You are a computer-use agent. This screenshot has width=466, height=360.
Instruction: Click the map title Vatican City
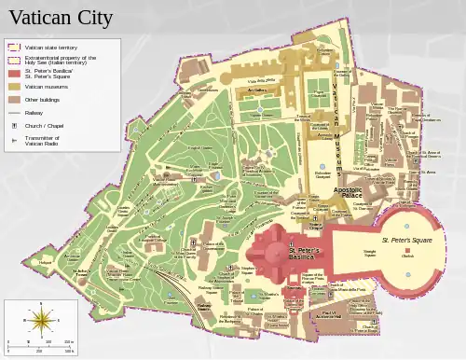61,18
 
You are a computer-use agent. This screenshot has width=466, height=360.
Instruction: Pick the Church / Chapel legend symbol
14,124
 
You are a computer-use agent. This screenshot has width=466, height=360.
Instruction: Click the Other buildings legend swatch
14,98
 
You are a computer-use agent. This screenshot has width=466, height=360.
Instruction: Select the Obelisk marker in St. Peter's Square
407,249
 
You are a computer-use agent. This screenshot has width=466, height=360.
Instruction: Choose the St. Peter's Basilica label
304,253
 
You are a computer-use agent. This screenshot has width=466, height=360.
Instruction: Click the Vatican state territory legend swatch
14,46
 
